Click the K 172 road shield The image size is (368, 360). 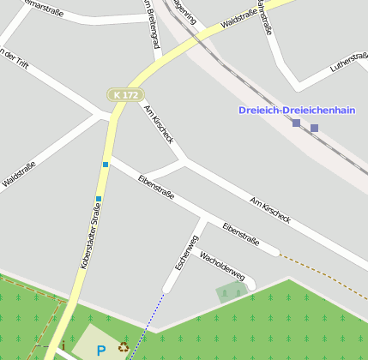(124, 95)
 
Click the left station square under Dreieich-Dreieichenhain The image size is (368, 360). (296, 124)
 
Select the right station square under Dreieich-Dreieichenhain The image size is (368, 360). (314, 129)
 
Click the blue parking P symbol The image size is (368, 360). (101, 350)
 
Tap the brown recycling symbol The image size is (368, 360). (124, 348)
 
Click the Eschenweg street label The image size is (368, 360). (186, 253)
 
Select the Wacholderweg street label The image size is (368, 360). (222, 266)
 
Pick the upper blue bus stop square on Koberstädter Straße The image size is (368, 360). (106, 164)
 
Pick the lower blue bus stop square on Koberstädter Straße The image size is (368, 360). (99, 199)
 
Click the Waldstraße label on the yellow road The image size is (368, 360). (237, 19)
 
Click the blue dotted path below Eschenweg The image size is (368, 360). (148, 325)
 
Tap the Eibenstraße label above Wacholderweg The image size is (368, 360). (240, 234)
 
